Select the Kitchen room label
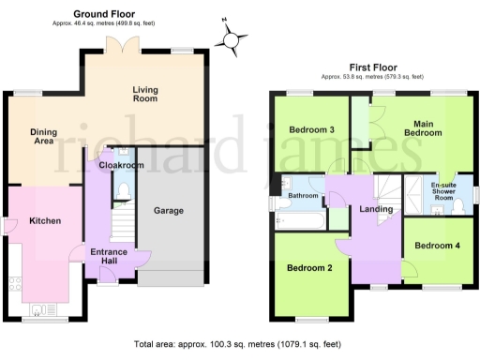44,221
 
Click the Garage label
169,210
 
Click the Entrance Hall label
109,257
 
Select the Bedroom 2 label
310,268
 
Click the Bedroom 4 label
438,246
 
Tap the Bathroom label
304,196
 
